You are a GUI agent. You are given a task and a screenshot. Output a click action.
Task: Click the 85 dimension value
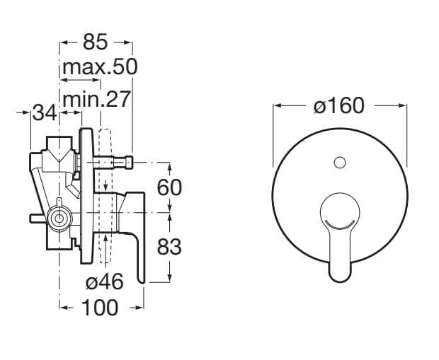coord(95,42)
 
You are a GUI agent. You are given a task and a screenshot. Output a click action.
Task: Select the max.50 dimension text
coord(98,68)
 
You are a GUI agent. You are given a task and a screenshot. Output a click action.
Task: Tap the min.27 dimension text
coord(96,99)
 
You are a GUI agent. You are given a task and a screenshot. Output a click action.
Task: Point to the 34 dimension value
coord(46,112)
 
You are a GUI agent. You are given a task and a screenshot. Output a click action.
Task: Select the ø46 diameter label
coord(104,281)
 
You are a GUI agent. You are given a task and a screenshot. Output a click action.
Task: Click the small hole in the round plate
coord(339,163)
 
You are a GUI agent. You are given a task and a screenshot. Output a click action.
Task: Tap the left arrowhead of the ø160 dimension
coord(276,106)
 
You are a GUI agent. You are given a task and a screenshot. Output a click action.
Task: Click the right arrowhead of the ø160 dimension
coord(404,106)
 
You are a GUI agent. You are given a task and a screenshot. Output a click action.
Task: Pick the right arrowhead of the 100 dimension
coord(142,308)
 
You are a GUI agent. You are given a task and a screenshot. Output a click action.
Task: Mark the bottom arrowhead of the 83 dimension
coord(170,279)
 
